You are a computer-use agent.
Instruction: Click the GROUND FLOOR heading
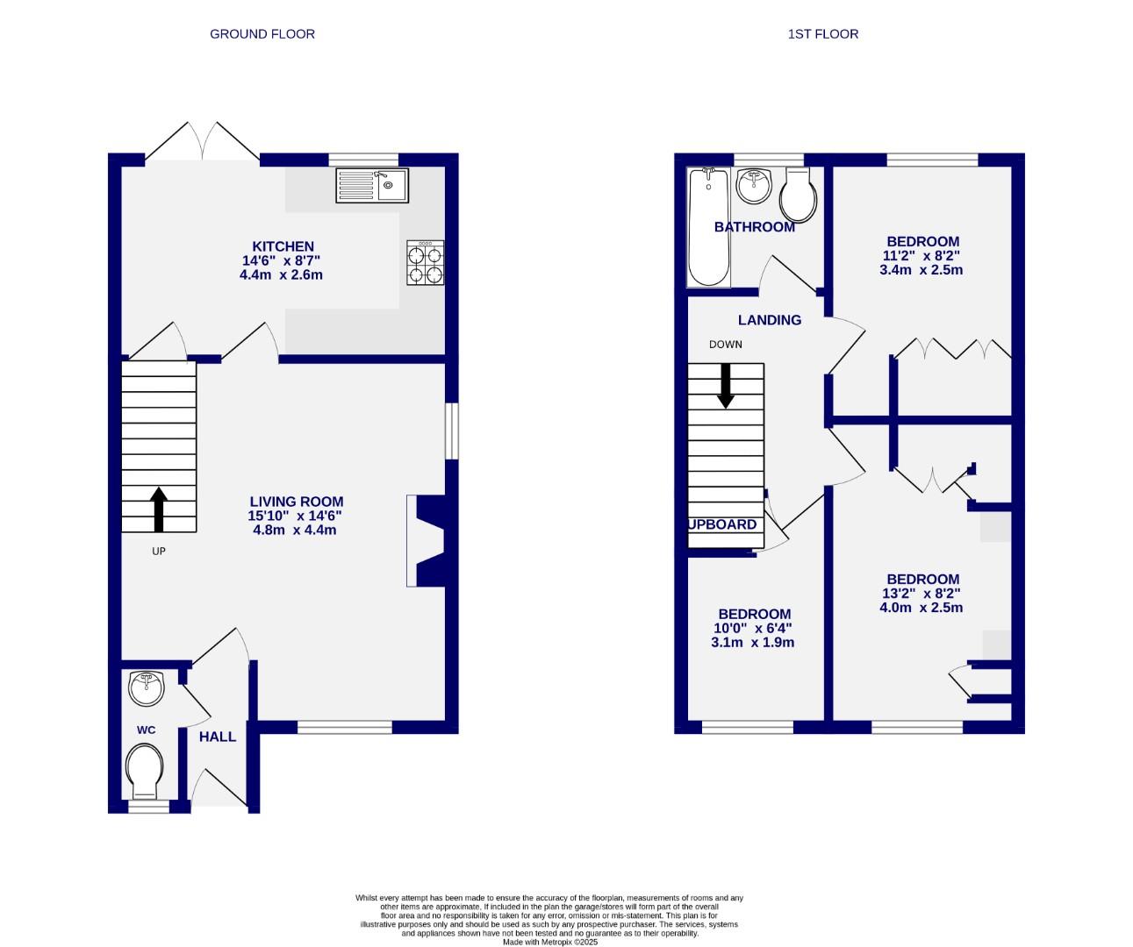click(262, 34)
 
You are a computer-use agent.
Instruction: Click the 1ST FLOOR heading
click(822, 34)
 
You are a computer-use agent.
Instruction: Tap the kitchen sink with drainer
click(371, 185)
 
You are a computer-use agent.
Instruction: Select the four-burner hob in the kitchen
click(425, 263)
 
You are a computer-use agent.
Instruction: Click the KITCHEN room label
click(283, 246)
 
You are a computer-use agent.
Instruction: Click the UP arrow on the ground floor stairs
click(159, 509)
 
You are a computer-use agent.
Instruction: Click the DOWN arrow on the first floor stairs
click(726, 385)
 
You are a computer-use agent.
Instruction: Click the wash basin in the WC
click(146, 688)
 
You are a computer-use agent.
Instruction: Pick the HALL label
click(217, 737)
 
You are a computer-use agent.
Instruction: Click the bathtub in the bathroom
click(708, 227)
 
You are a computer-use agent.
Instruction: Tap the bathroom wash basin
click(752, 185)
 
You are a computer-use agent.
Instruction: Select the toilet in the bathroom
click(799, 195)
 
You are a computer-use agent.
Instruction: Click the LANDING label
click(769, 320)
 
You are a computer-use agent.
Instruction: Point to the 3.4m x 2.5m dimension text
click(921, 270)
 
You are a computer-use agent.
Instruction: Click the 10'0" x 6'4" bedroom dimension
click(754, 629)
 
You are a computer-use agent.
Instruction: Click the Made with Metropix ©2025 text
click(549, 942)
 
